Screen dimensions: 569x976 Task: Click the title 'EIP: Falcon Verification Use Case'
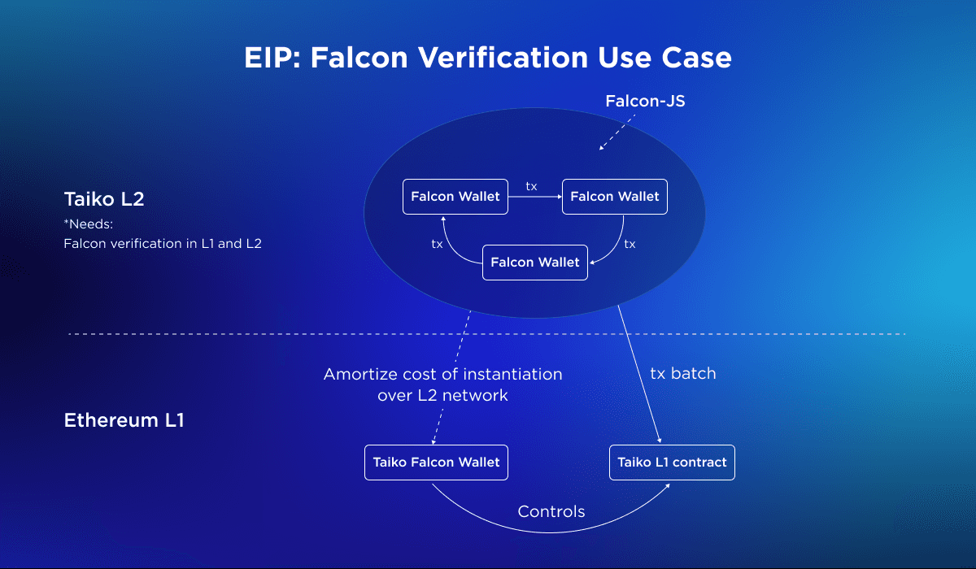[488, 58]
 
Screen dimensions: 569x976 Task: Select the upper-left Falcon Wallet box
[455, 197]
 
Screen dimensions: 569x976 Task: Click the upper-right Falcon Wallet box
[615, 197]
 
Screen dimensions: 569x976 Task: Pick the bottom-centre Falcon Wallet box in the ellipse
[535, 263]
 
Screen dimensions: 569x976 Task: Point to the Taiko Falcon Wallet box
[436, 463]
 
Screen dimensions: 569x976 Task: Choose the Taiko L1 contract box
[672, 463]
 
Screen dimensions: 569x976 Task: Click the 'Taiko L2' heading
[104, 199]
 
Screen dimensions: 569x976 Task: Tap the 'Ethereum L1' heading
[124, 421]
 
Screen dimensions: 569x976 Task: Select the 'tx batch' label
[683, 374]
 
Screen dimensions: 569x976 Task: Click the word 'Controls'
[551, 512]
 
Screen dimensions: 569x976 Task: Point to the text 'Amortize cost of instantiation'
[442, 375]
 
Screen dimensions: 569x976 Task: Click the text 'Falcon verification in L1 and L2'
[163, 243]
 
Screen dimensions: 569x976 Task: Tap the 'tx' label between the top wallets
[531, 187]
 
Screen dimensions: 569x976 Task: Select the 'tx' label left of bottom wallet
[437, 243]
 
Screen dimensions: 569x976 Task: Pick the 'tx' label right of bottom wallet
[630, 243]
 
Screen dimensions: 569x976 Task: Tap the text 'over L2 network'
[442, 396]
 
